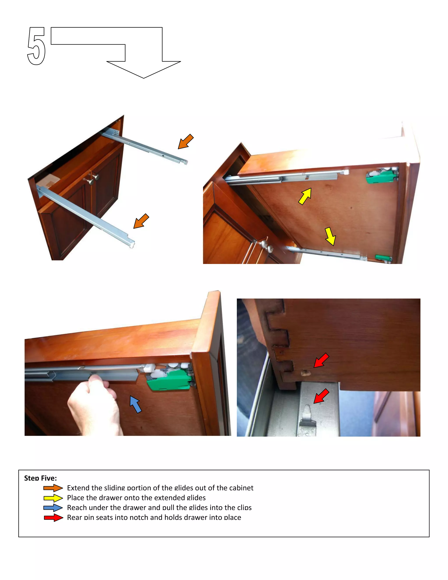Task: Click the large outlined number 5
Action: click(36, 46)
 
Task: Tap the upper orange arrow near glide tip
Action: click(185, 142)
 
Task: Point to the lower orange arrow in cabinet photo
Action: click(141, 221)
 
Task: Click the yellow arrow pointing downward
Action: click(331, 236)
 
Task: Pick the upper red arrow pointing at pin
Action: click(321, 360)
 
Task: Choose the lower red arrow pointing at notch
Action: click(321, 396)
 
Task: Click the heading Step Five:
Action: click(40, 478)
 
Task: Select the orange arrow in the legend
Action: click(53, 488)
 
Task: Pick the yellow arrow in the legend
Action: click(53, 498)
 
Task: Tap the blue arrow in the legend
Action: click(53, 508)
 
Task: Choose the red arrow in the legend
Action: click(53, 518)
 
